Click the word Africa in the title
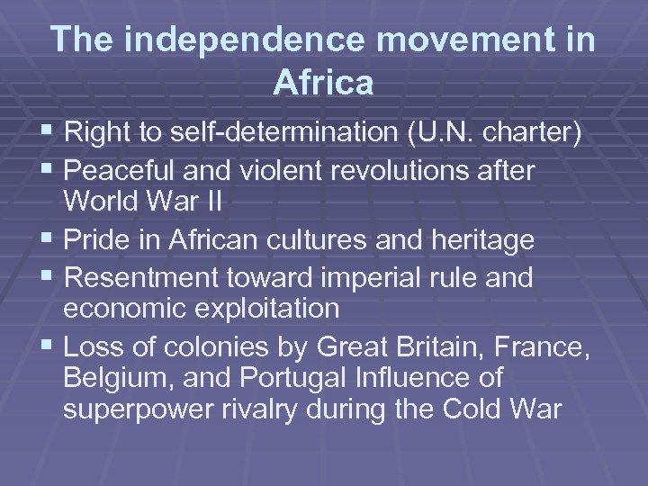pos(323,83)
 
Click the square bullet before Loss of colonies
pos(49,345)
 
